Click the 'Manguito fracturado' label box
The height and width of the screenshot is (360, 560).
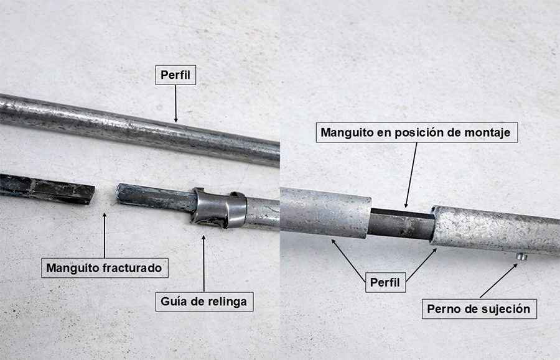coord(105,267)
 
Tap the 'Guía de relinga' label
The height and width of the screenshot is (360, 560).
coord(204,302)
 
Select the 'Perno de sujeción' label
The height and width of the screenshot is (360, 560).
coord(479,308)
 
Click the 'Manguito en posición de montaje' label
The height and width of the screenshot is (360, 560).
coord(416,132)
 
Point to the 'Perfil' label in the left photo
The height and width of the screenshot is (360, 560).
coord(175,75)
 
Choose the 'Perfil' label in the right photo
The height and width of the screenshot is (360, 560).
coord(385,282)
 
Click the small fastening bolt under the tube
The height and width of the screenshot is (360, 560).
coord(520,257)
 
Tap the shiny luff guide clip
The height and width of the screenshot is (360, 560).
coord(218,208)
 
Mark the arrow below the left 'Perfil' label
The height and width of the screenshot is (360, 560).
coord(175,104)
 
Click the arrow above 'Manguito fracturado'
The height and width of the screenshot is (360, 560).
coord(105,236)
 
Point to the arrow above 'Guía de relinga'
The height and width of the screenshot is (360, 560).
coord(203,264)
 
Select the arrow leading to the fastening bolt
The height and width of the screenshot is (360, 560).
coord(499,280)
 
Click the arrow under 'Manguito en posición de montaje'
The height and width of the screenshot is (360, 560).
coord(411,175)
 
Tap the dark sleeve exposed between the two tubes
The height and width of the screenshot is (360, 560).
coord(401,224)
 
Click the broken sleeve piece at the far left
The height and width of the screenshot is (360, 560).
coord(47,188)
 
